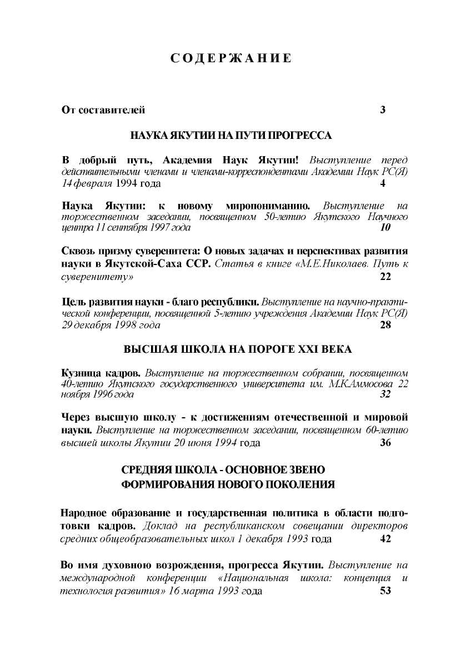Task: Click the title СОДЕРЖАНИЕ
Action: click(x=231, y=58)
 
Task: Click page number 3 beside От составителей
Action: click(x=383, y=109)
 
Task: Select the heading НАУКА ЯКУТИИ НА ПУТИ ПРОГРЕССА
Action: click(x=231, y=135)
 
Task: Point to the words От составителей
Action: click(x=103, y=109)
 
